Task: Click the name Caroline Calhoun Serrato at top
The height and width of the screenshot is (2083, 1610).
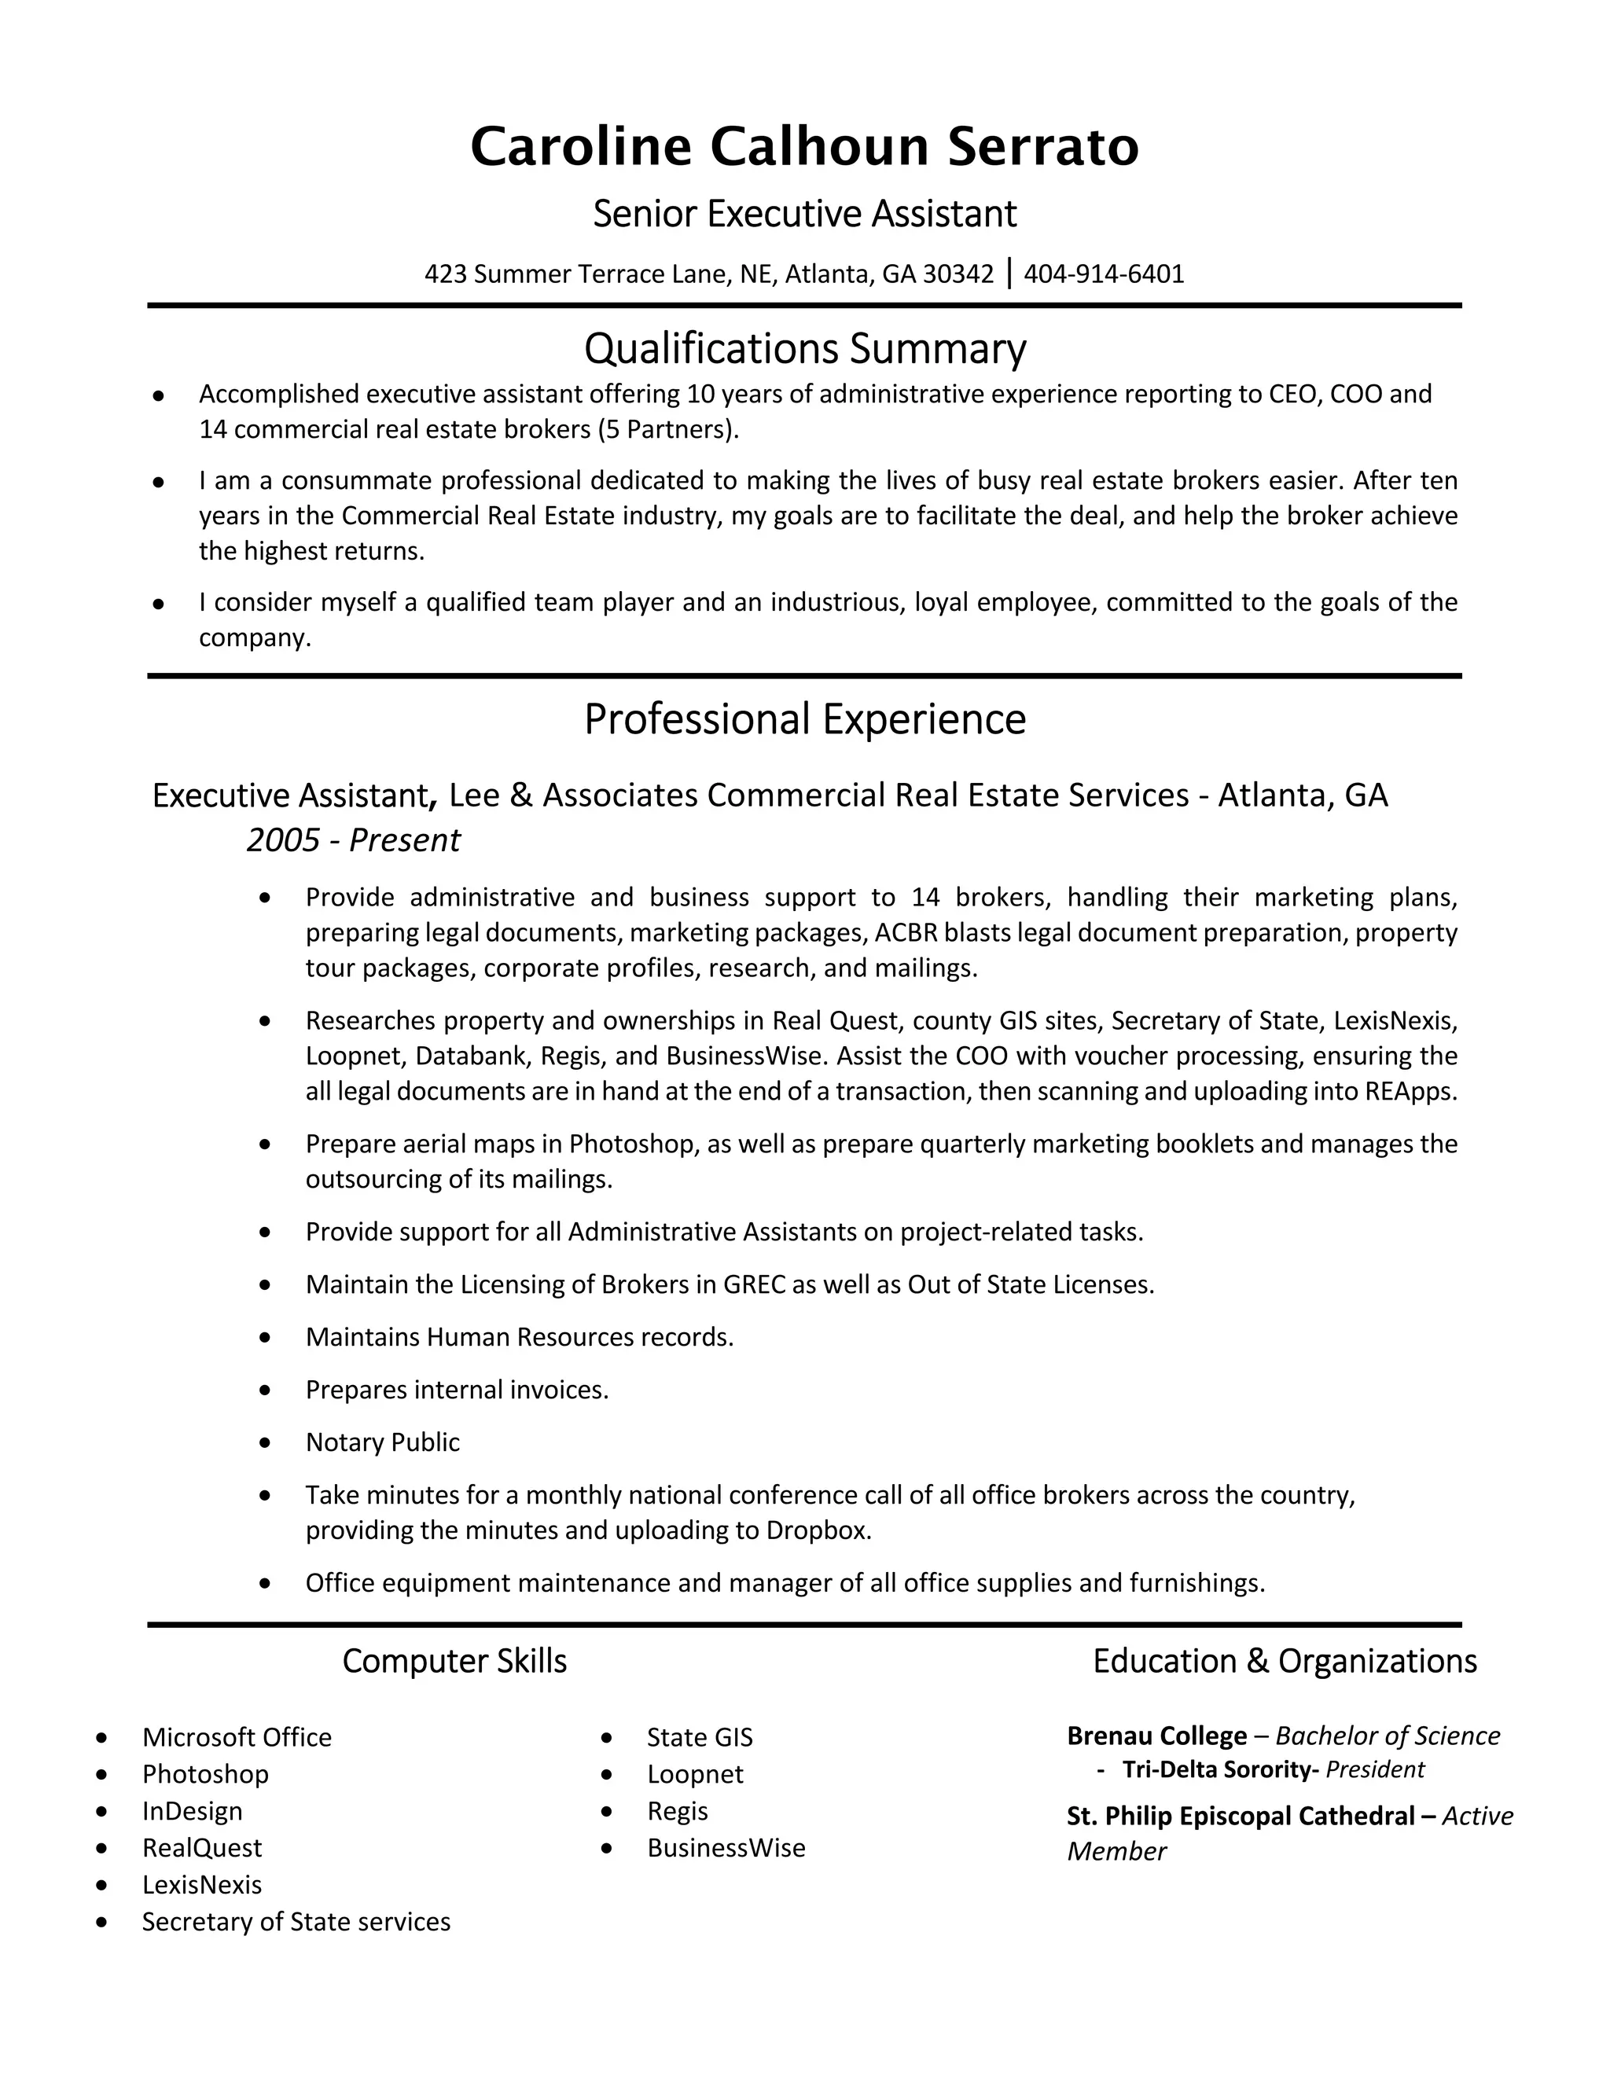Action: coord(804,147)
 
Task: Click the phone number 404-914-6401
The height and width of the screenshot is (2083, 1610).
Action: coord(1104,274)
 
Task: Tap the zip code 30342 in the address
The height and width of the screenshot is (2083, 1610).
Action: coord(958,274)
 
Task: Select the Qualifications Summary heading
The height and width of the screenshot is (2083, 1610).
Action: coord(804,349)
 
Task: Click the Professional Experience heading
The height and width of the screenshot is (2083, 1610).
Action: coord(804,719)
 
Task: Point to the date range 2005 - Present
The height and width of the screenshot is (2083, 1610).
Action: coord(353,840)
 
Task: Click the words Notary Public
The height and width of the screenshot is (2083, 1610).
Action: coord(383,1442)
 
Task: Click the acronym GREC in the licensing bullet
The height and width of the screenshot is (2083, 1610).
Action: coord(753,1284)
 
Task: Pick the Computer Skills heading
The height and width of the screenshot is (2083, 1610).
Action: coord(454,1662)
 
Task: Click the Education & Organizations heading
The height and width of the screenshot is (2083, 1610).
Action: coord(1284,1662)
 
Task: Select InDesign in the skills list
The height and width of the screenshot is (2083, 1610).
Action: coord(192,1811)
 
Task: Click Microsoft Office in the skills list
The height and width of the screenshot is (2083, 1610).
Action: coord(237,1738)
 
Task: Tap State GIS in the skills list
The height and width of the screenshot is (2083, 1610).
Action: coord(699,1738)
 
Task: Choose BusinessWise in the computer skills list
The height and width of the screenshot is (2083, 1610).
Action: coord(726,1849)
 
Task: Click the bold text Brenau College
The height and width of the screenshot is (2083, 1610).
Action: coord(1156,1736)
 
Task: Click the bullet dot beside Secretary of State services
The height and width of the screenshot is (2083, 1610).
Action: coord(102,1923)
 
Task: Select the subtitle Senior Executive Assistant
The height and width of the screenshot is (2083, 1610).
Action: coord(804,214)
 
